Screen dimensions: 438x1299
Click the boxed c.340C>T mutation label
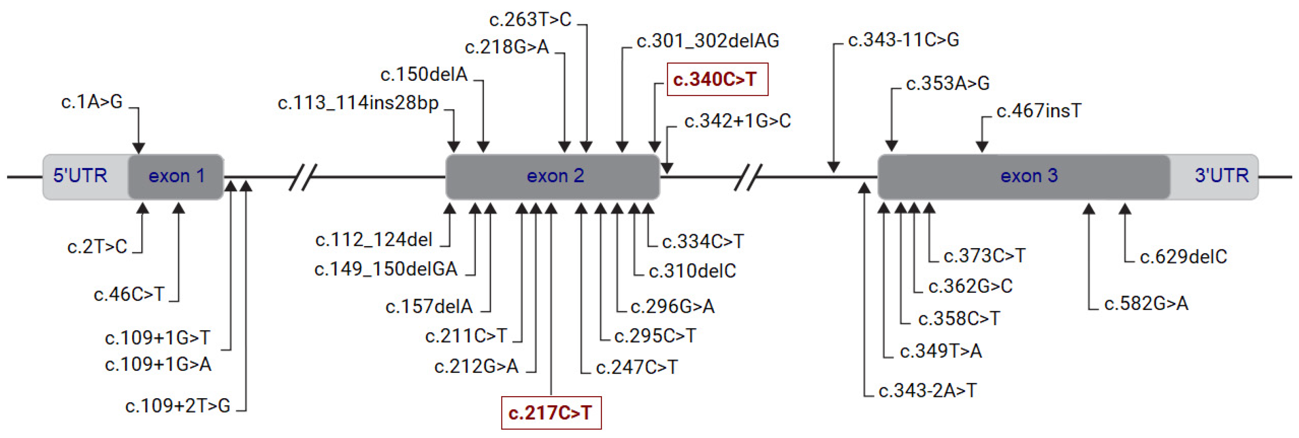[x=717, y=79]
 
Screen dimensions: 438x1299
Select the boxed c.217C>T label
[x=551, y=413]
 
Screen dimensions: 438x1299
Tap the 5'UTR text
[x=80, y=176]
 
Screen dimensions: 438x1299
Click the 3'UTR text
[x=1221, y=176]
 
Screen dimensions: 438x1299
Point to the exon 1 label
[x=176, y=176]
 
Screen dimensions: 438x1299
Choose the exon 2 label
[x=555, y=176]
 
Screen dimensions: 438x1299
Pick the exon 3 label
[x=1029, y=176]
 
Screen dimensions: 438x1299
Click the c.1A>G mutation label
[x=92, y=102]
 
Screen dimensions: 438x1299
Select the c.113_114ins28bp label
[x=358, y=103]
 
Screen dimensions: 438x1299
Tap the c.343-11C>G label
[x=903, y=40]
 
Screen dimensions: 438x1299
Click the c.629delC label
[x=1183, y=257]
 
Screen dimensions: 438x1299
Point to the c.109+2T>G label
[x=177, y=405]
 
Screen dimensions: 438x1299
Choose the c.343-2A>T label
[x=927, y=390]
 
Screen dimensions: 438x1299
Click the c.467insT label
[x=1039, y=111]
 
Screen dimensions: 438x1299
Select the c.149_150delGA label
[x=386, y=269]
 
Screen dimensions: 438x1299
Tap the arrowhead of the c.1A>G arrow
[x=139, y=148]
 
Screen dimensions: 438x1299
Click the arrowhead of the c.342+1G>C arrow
[x=667, y=168]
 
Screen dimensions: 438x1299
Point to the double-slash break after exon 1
[x=303, y=177]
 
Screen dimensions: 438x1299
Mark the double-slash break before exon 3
[x=748, y=177]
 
